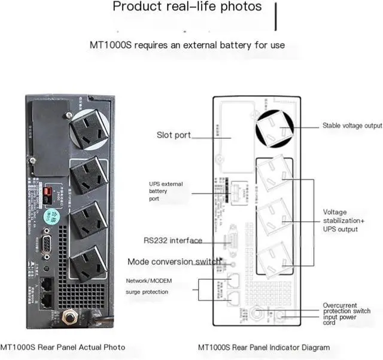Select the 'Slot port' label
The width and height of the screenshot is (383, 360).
(x=174, y=135)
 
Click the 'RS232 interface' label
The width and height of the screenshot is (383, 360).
(x=172, y=241)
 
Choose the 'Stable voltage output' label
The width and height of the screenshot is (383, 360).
(x=352, y=126)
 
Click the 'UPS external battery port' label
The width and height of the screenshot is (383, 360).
(x=166, y=191)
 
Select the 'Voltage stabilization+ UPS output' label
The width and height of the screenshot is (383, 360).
(x=344, y=221)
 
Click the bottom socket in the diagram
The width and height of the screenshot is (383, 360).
(x=275, y=259)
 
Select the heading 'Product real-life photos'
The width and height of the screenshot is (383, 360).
(x=187, y=7)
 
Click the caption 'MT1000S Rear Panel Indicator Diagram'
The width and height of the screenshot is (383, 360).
(x=263, y=347)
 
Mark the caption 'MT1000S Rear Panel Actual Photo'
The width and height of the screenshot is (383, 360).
(x=63, y=347)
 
